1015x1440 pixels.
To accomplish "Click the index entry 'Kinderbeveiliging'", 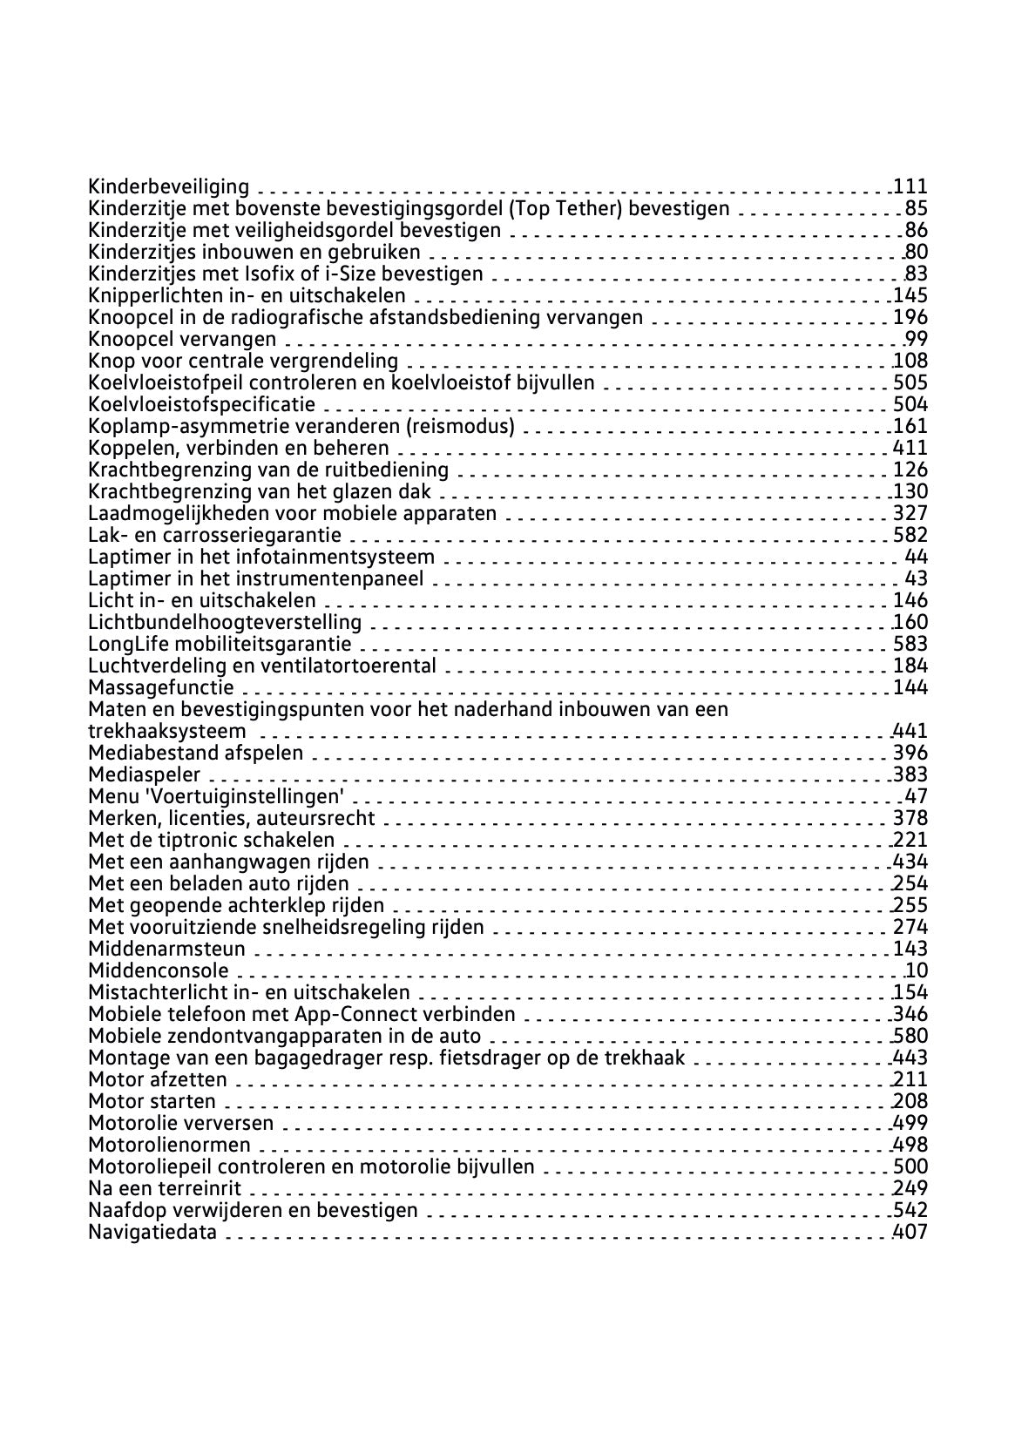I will pyautogui.click(x=168, y=186).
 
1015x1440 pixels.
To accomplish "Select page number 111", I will pyautogui.click(x=910, y=186).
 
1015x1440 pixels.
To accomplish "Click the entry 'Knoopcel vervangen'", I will pyautogui.click(x=182, y=339).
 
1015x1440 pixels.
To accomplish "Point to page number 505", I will pyautogui.click(x=910, y=382).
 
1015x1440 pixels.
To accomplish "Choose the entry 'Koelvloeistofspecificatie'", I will pyautogui.click(x=202, y=404).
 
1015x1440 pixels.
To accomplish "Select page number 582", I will pyautogui.click(x=910, y=535).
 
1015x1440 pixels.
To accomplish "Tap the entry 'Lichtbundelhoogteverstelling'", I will pyautogui.click(x=225, y=622).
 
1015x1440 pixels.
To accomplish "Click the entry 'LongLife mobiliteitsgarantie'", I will pyautogui.click(x=220, y=644).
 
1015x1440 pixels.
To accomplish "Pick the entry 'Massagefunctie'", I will pyautogui.click(x=161, y=687).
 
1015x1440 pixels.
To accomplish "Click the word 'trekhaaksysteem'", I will pyautogui.click(x=167, y=731).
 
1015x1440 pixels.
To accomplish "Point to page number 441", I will pyautogui.click(x=910, y=731).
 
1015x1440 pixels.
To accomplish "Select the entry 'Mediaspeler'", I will pyautogui.click(x=145, y=774).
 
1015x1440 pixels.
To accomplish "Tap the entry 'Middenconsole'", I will pyautogui.click(x=159, y=970).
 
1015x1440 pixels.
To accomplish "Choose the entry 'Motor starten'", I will pyautogui.click(x=152, y=1101).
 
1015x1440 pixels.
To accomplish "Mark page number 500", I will pyautogui.click(x=910, y=1166).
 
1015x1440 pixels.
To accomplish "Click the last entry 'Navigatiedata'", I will pyautogui.click(x=152, y=1232).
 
